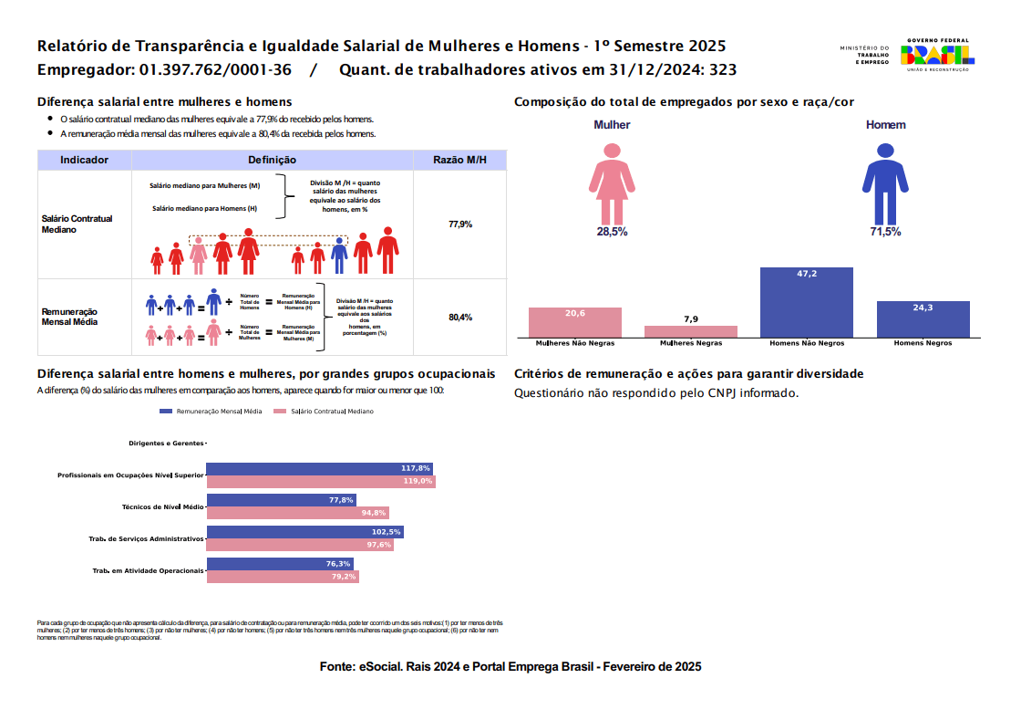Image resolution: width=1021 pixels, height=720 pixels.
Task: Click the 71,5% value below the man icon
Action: [x=885, y=232]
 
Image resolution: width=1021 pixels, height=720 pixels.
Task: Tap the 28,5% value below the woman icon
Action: [x=612, y=232]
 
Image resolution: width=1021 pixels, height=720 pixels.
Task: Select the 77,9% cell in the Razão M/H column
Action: [x=460, y=224]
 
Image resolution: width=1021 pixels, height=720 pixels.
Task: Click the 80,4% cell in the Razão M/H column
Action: [x=460, y=318]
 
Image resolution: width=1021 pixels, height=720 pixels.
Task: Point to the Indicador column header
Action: [x=85, y=160]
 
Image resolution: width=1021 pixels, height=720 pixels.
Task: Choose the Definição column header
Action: [x=272, y=160]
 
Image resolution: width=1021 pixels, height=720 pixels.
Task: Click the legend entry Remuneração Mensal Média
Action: [x=211, y=412]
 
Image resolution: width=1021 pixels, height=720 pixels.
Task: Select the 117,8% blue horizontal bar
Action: [x=320, y=468]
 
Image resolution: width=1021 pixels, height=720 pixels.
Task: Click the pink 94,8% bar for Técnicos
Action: [x=298, y=513]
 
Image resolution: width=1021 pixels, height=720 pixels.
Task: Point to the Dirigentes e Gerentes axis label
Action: [x=167, y=443]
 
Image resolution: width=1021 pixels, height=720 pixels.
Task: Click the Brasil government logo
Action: [x=937, y=55]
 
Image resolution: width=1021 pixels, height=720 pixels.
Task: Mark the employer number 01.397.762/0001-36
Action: [x=215, y=70]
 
